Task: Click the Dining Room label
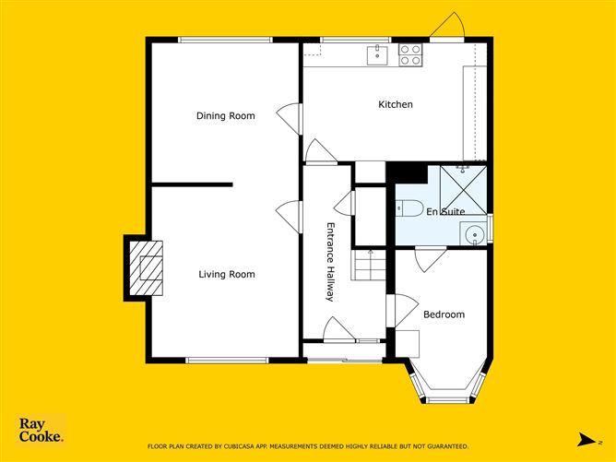point(226,116)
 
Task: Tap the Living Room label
point(227,274)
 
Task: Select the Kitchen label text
point(396,104)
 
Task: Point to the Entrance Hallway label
point(330,262)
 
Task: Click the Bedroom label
point(444,314)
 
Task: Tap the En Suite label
point(445,212)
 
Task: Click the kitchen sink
point(377,55)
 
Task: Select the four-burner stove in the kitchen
point(410,55)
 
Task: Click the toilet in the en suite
point(409,208)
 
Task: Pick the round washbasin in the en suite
point(474,234)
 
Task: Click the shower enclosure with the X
point(464,190)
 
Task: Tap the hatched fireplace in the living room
point(146,268)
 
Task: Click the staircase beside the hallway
point(369,266)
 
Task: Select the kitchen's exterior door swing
point(447,25)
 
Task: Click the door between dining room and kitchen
point(290,119)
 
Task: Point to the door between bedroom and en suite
point(431,259)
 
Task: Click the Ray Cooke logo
point(41,430)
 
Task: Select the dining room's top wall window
point(225,40)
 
